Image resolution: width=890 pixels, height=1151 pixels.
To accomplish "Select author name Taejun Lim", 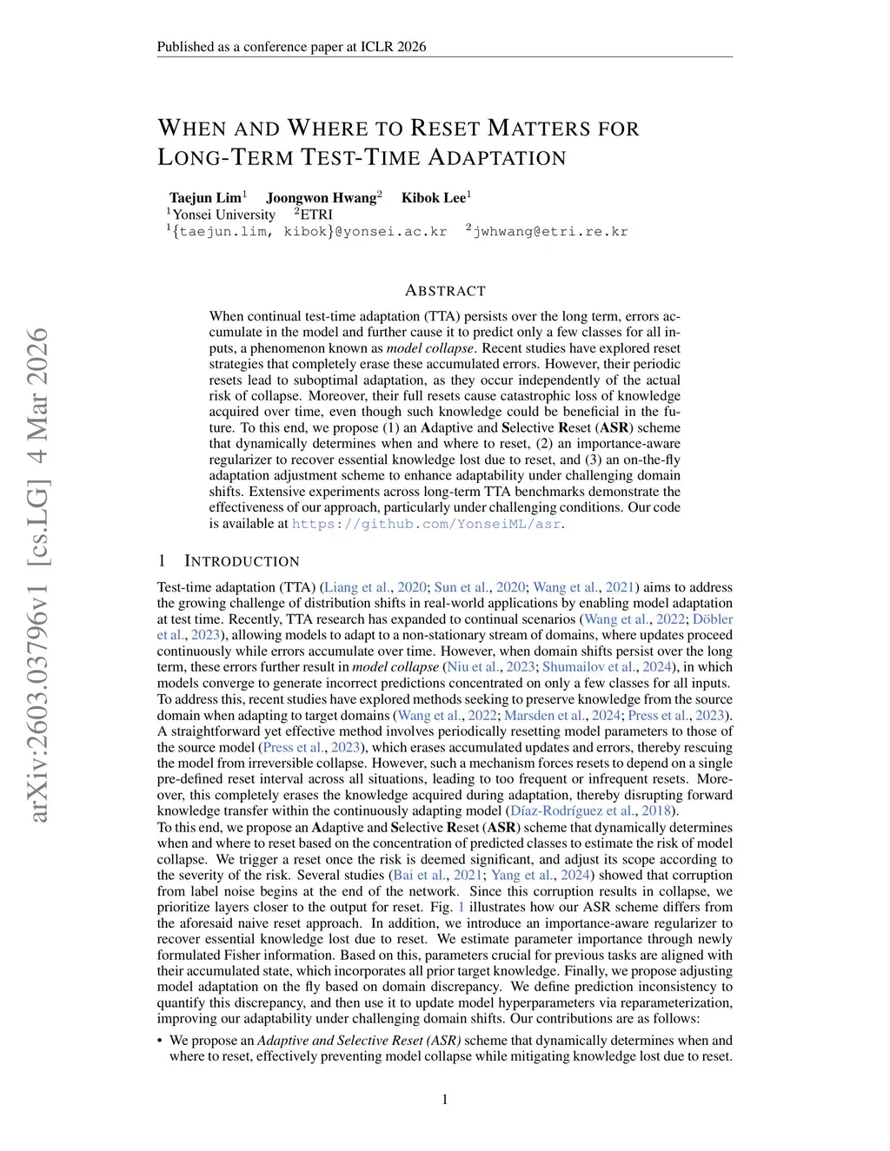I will coord(206,198).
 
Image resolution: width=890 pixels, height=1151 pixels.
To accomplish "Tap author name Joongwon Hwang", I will coord(322,198).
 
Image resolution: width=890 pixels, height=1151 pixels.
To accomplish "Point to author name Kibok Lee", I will coord(434,198).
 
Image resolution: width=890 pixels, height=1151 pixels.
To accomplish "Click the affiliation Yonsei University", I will coord(223,215).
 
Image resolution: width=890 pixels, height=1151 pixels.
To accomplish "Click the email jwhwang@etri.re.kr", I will coord(549,232).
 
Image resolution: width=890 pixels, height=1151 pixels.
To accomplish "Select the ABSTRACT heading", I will coord(445,291).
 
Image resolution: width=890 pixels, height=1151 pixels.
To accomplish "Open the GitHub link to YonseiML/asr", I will coord(426,524).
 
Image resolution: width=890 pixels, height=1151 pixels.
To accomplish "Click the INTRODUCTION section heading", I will coord(242,561).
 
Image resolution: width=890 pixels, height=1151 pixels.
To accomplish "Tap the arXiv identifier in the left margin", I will coord(38,573).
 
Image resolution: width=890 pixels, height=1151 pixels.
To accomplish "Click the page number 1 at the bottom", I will coord(445,1100).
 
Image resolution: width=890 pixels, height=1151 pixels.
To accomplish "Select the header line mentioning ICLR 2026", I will coord(291,47).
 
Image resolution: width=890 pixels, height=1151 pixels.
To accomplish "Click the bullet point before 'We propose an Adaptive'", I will coord(160,1041).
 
